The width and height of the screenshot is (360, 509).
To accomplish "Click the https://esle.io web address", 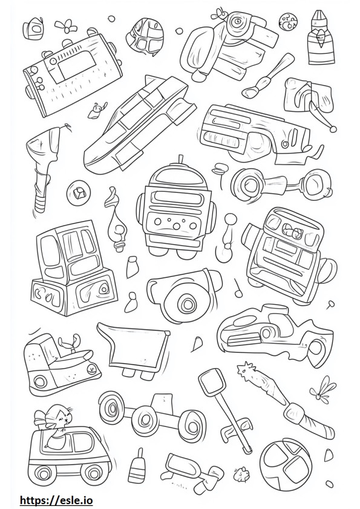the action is click(56, 501).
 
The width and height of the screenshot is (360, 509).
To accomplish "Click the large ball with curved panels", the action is click(286, 461).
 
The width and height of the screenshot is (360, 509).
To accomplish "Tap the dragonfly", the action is click(322, 390).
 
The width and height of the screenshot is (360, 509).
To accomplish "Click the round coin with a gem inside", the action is click(77, 193).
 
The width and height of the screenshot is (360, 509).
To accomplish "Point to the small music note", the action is click(237, 288).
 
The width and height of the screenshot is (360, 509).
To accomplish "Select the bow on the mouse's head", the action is click(41, 417).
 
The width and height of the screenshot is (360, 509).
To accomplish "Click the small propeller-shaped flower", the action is click(66, 26).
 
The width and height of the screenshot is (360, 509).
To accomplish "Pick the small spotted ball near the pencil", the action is click(287, 21).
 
